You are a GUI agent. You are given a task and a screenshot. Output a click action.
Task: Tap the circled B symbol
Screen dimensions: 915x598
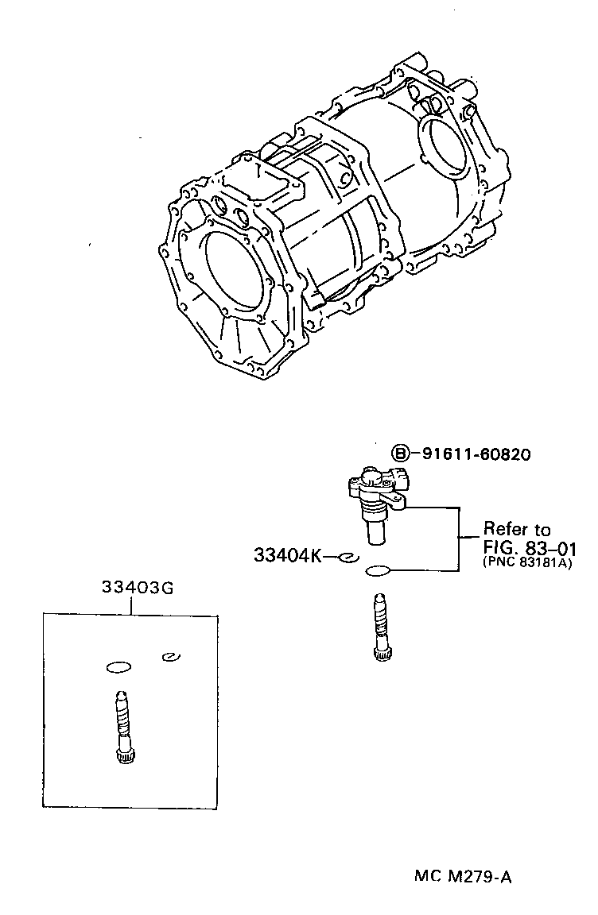(402, 454)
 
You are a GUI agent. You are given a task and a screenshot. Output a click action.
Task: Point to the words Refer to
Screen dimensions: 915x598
(517, 530)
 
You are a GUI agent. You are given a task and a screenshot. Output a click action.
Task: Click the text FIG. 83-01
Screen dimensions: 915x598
(530, 547)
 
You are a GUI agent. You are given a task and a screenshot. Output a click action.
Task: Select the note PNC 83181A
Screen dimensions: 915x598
(526, 563)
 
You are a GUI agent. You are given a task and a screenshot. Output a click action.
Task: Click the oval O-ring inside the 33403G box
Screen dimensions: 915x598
(118, 666)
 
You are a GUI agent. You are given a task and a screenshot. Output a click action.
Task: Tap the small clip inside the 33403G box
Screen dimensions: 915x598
(169, 656)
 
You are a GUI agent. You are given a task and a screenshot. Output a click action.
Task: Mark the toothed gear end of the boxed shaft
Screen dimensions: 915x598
(123, 756)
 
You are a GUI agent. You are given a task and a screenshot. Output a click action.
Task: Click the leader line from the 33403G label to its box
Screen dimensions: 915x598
(132, 604)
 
